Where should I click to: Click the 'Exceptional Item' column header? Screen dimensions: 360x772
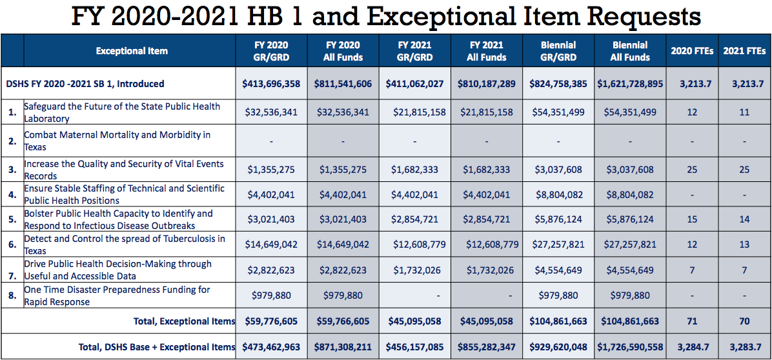point(131,51)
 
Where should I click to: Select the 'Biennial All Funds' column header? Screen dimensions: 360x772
point(629,51)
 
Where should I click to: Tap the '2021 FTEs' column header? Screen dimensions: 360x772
point(744,51)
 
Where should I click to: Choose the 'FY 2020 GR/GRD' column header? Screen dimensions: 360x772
point(271,51)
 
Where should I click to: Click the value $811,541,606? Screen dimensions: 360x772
point(343,83)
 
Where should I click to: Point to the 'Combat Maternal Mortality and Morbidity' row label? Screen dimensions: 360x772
point(117,141)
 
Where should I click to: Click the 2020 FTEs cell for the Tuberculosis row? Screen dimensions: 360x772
point(692,245)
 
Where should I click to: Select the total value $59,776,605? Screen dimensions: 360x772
point(271,321)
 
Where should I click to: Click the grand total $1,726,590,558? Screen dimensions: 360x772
point(629,347)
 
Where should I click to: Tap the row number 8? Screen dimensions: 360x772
point(12,296)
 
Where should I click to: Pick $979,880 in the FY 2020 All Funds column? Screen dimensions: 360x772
point(343,296)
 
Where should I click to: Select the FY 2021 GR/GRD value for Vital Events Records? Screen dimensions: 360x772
point(414,170)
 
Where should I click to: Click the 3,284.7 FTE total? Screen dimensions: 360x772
point(692,347)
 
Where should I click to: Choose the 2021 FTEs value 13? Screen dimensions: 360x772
point(744,245)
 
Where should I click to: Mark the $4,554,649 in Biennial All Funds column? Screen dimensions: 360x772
point(629,270)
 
